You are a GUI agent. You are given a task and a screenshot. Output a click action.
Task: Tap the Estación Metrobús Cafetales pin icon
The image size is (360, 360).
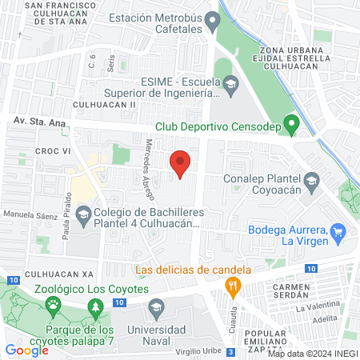pyautogui.click(x=212, y=19)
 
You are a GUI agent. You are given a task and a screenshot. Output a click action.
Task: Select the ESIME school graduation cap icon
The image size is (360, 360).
pyautogui.click(x=230, y=83)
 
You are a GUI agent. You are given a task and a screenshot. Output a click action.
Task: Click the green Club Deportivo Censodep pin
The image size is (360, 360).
pyautogui.click(x=292, y=124)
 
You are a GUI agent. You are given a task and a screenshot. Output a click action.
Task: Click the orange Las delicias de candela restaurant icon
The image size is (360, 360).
pyautogui.click(x=232, y=284)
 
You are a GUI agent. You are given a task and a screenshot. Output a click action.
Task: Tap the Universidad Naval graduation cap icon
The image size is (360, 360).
pyautogui.click(x=156, y=307)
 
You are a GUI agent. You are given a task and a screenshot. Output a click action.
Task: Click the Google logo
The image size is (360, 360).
pyautogui.click(x=26, y=350)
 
